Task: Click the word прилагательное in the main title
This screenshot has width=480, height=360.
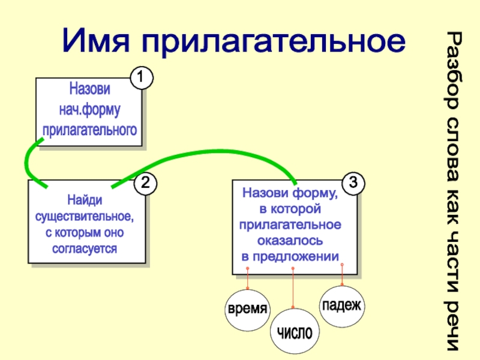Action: (x=273, y=41)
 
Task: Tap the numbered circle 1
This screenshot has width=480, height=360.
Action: (x=142, y=77)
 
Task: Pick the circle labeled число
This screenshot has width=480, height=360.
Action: (x=294, y=332)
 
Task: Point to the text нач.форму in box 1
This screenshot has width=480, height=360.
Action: (x=90, y=109)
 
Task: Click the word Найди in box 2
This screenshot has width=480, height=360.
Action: (x=85, y=198)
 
